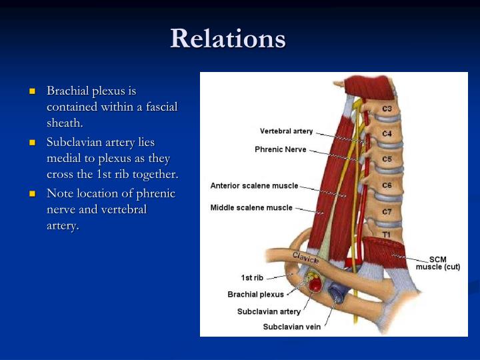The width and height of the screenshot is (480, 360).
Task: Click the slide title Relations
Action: point(227,39)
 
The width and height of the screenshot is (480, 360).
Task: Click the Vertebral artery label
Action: point(286,131)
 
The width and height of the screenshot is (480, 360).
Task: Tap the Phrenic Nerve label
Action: point(281,149)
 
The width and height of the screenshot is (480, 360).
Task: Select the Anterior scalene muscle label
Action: point(254,185)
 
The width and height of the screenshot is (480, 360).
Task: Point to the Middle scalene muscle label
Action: point(251,207)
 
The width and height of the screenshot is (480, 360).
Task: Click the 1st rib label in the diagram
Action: point(252,277)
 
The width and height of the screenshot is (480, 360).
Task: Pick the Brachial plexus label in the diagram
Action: point(255,294)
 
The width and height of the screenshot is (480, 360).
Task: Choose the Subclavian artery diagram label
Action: point(269,311)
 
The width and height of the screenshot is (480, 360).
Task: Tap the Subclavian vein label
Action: point(291,327)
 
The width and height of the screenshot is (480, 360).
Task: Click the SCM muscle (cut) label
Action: point(438,263)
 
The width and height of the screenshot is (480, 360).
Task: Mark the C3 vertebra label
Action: point(387,109)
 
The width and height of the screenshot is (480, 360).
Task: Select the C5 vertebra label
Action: point(387,159)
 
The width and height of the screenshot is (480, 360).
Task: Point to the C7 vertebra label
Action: point(387,212)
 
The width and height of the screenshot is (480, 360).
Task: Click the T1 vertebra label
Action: point(386,235)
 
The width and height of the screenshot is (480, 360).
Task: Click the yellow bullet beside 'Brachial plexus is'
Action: point(32,91)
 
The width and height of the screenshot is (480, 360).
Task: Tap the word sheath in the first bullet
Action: point(65,123)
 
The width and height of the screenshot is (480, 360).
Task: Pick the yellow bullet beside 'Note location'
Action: point(32,194)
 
